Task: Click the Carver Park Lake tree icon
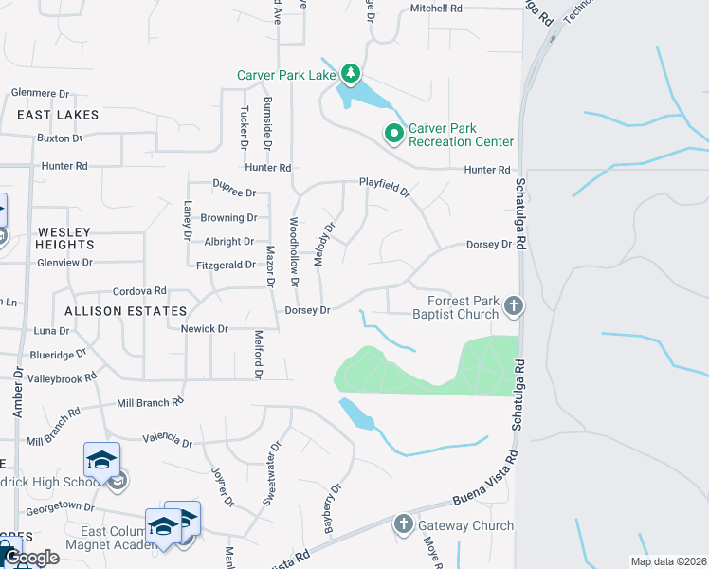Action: click(351, 73)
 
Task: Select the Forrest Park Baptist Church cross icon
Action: click(513, 305)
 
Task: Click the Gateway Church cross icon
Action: click(403, 524)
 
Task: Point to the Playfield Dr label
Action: click(384, 187)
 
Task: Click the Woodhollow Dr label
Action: click(294, 251)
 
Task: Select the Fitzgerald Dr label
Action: click(225, 266)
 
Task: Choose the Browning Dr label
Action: click(229, 217)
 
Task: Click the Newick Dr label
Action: click(205, 329)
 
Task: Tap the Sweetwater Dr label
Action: click(275, 462)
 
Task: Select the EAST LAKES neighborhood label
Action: click(58, 115)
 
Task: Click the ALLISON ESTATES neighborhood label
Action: click(125, 311)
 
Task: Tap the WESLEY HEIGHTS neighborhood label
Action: click(64, 238)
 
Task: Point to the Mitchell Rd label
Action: click(436, 9)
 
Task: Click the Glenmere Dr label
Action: click(41, 94)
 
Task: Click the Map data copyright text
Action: click(667, 561)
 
